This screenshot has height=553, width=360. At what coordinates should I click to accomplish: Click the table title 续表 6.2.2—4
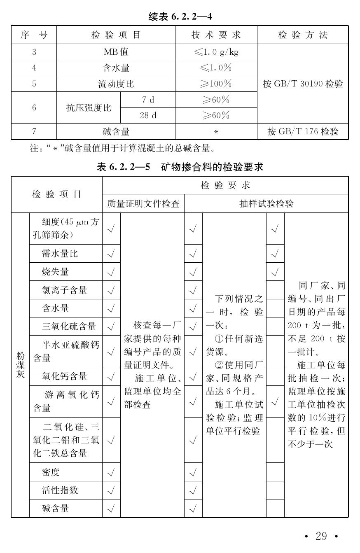180,17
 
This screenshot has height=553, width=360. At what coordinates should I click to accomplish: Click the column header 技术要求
216,35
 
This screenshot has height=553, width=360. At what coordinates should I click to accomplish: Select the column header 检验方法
303,35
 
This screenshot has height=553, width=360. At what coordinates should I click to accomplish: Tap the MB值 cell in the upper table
116,52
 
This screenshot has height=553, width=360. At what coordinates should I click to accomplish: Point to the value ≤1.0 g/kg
216,52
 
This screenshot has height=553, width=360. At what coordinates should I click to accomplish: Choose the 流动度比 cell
116,84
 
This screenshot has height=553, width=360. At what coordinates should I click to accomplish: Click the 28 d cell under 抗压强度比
148,116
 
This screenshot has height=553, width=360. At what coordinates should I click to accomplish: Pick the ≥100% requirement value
216,84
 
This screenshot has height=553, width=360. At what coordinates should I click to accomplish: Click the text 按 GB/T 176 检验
303,132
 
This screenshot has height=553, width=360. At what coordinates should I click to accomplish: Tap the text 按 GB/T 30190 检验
303,84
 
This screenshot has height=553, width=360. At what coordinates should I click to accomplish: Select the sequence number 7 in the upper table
34,132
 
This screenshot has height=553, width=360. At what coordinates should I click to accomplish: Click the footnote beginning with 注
122,148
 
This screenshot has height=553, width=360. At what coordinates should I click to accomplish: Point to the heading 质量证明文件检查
143,203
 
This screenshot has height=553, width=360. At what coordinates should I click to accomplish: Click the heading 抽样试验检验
266,203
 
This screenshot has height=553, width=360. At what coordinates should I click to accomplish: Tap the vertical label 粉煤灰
20,365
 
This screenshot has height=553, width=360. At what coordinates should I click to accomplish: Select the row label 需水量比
60,254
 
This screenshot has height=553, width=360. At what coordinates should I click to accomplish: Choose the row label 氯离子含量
64,290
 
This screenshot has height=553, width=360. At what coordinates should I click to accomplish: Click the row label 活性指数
60,490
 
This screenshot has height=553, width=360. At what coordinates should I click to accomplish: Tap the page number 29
321,536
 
